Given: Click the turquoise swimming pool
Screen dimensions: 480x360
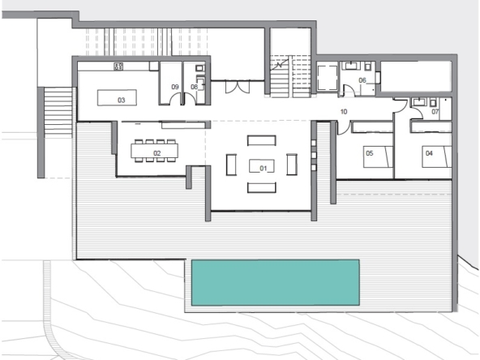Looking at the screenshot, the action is pyautogui.click(x=275, y=282).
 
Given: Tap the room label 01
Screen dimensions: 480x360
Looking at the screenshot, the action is pyautogui.click(x=264, y=168).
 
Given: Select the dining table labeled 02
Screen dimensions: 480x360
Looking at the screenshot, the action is pyautogui.click(x=154, y=151).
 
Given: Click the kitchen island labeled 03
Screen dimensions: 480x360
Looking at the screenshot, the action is pyautogui.click(x=117, y=97).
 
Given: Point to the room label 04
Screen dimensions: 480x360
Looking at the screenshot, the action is pyautogui.click(x=429, y=153).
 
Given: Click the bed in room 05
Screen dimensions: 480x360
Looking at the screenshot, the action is pyautogui.click(x=378, y=156).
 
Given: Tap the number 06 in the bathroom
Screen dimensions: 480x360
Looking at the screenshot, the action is pyautogui.click(x=362, y=80).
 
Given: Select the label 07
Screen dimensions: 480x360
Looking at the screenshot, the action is pyautogui.click(x=435, y=112).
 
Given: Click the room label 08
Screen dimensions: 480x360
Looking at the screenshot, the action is pyautogui.click(x=194, y=87).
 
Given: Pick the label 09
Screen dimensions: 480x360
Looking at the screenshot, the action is pyautogui.click(x=175, y=87).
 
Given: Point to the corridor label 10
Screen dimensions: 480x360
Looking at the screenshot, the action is pyautogui.click(x=344, y=112).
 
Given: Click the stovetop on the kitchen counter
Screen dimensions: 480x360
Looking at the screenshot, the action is pyautogui.click(x=118, y=66).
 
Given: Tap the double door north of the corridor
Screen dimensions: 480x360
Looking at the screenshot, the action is pyautogui.click(x=238, y=87).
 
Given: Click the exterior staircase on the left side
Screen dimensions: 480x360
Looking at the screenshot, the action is pyautogui.click(x=58, y=112).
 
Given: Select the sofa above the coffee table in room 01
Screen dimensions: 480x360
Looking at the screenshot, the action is pyautogui.click(x=261, y=140).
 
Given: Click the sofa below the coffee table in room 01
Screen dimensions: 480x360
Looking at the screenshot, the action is pyautogui.click(x=261, y=187).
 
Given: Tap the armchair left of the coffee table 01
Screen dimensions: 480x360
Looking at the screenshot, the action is pyautogui.click(x=231, y=165).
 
